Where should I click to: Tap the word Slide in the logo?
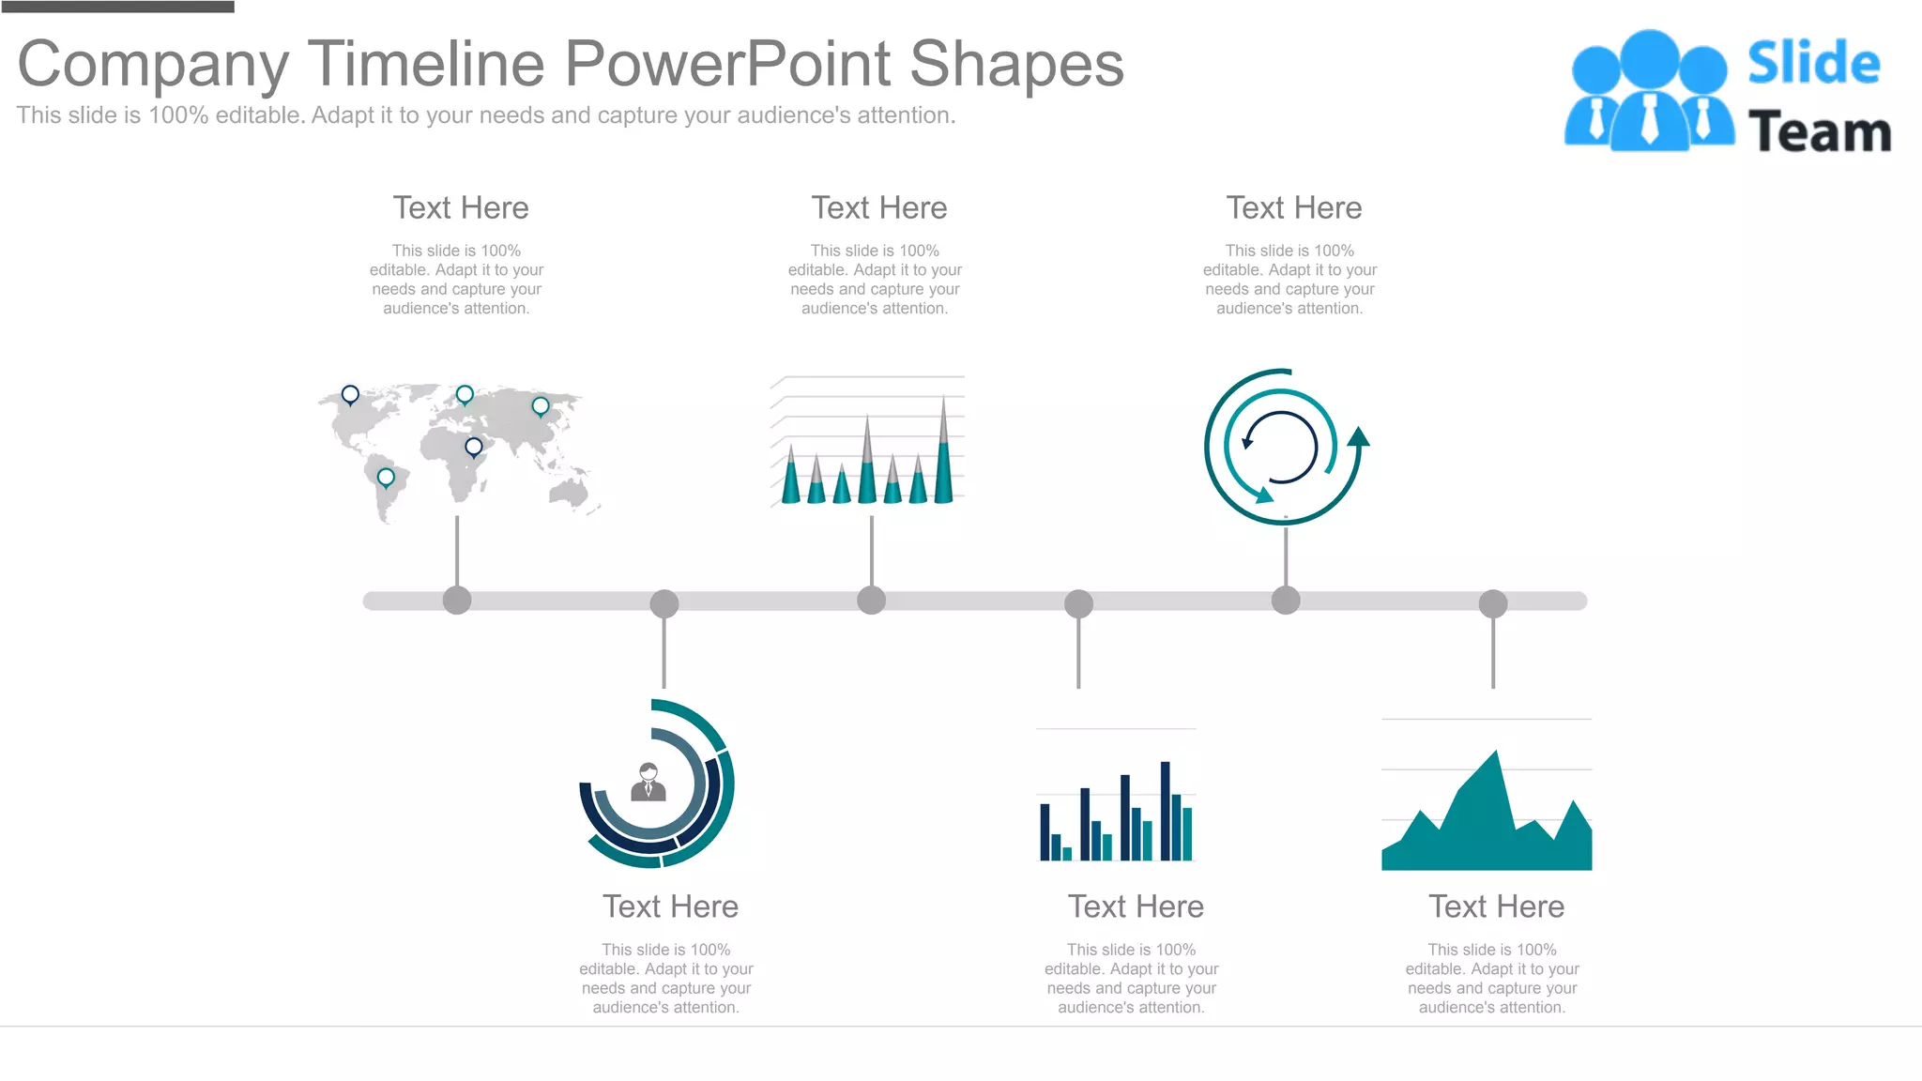[1813, 64]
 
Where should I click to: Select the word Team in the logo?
[1819, 132]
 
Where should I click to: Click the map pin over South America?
[386, 478]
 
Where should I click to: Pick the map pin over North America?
[350, 394]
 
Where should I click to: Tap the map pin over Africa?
[474, 447]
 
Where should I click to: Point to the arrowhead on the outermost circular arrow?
[1358, 436]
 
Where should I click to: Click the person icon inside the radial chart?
[648, 783]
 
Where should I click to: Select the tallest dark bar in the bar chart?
[1165, 811]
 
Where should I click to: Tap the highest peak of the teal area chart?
[1495, 755]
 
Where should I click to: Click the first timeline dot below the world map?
[457, 601]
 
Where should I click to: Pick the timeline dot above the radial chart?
[664, 603]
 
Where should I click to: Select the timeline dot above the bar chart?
[1078, 603]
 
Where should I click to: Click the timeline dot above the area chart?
[1493, 603]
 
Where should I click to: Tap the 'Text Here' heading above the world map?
[461, 208]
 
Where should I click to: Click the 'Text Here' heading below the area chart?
[1496, 906]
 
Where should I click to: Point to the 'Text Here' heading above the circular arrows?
[1293, 208]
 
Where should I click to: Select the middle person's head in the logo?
[1649, 59]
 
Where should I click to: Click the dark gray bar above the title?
[117, 7]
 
